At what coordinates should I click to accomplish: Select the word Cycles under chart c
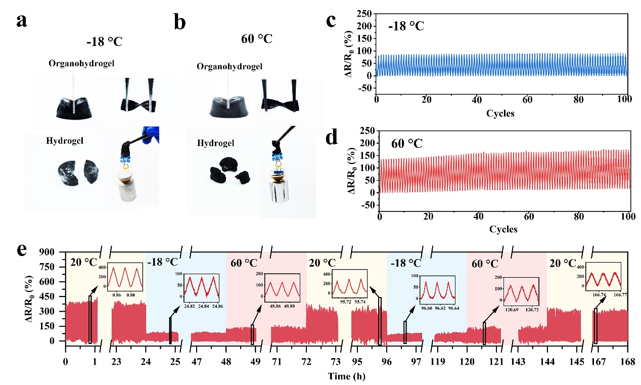pos(500,114)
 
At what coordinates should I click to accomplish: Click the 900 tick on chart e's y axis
pos(53,251)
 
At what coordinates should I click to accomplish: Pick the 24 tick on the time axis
pos(146,362)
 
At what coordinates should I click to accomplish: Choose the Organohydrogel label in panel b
pos(230,67)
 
